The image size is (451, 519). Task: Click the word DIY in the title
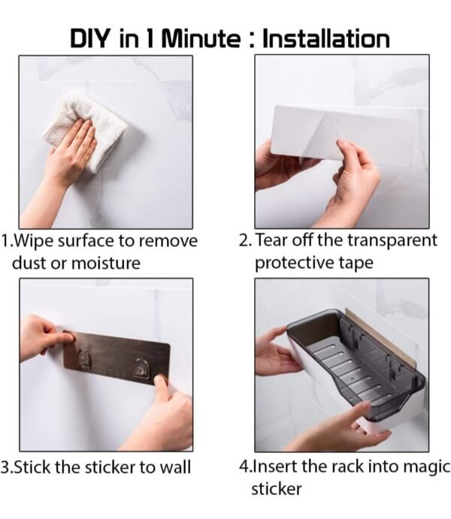(89, 39)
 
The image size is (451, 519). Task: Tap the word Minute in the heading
(201, 39)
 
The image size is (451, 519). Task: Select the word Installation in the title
(325, 39)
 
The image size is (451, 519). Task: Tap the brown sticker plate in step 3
(117, 358)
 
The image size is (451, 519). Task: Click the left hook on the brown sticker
(83, 359)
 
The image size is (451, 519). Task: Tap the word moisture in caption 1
(106, 263)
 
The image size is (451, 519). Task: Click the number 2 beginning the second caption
(244, 241)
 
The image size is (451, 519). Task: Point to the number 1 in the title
(150, 39)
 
